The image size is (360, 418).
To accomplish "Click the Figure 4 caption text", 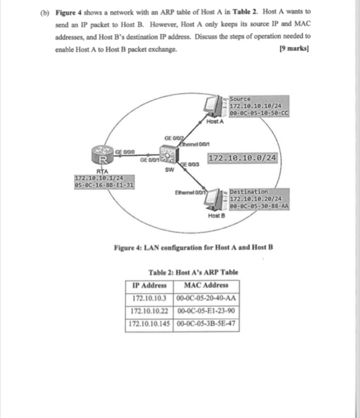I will pos(187,247).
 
